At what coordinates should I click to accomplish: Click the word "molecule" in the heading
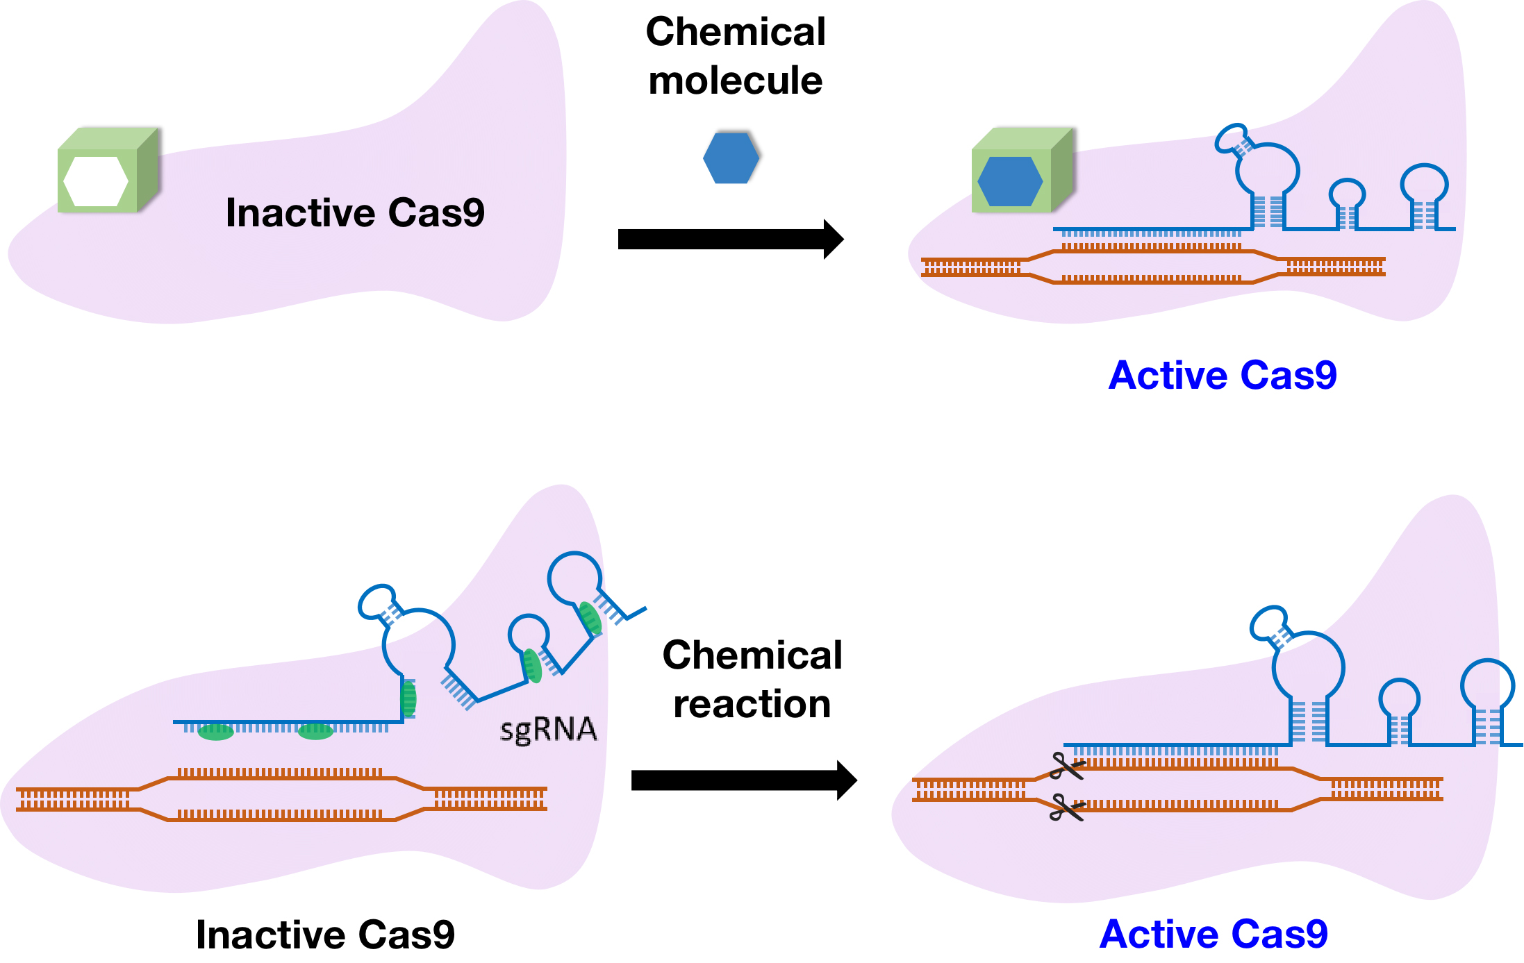coord(735,81)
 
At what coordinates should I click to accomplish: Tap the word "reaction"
coord(752,704)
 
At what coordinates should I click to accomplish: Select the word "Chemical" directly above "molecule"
coord(736,32)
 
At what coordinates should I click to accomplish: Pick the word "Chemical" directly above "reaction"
coord(752,655)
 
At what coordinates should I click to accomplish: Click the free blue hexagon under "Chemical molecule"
coord(731,158)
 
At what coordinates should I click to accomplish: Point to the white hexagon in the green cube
coord(96,181)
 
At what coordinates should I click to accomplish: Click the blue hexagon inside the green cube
coord(1010,181)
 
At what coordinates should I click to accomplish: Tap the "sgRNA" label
coord(548,730)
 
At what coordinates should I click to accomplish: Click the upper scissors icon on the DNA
coord(1066,767)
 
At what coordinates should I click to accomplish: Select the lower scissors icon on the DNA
coord(1066,807)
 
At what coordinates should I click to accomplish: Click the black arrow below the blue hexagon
coord(730,240)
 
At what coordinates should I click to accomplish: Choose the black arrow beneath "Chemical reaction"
coord(743,780)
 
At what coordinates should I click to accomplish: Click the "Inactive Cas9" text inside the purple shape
coord(355,212)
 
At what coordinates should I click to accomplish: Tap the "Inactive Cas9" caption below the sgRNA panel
coord(325,935)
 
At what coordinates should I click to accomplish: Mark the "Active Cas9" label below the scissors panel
coord(1214,934)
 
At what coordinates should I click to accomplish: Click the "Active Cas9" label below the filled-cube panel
coord(1223,376)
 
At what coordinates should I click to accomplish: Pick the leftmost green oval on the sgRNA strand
coord(215,732)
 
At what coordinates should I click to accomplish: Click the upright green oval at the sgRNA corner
coord(409,698)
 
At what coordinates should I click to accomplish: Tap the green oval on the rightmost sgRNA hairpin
coord(590,618)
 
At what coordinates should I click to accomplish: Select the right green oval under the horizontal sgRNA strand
coord(315,731)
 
